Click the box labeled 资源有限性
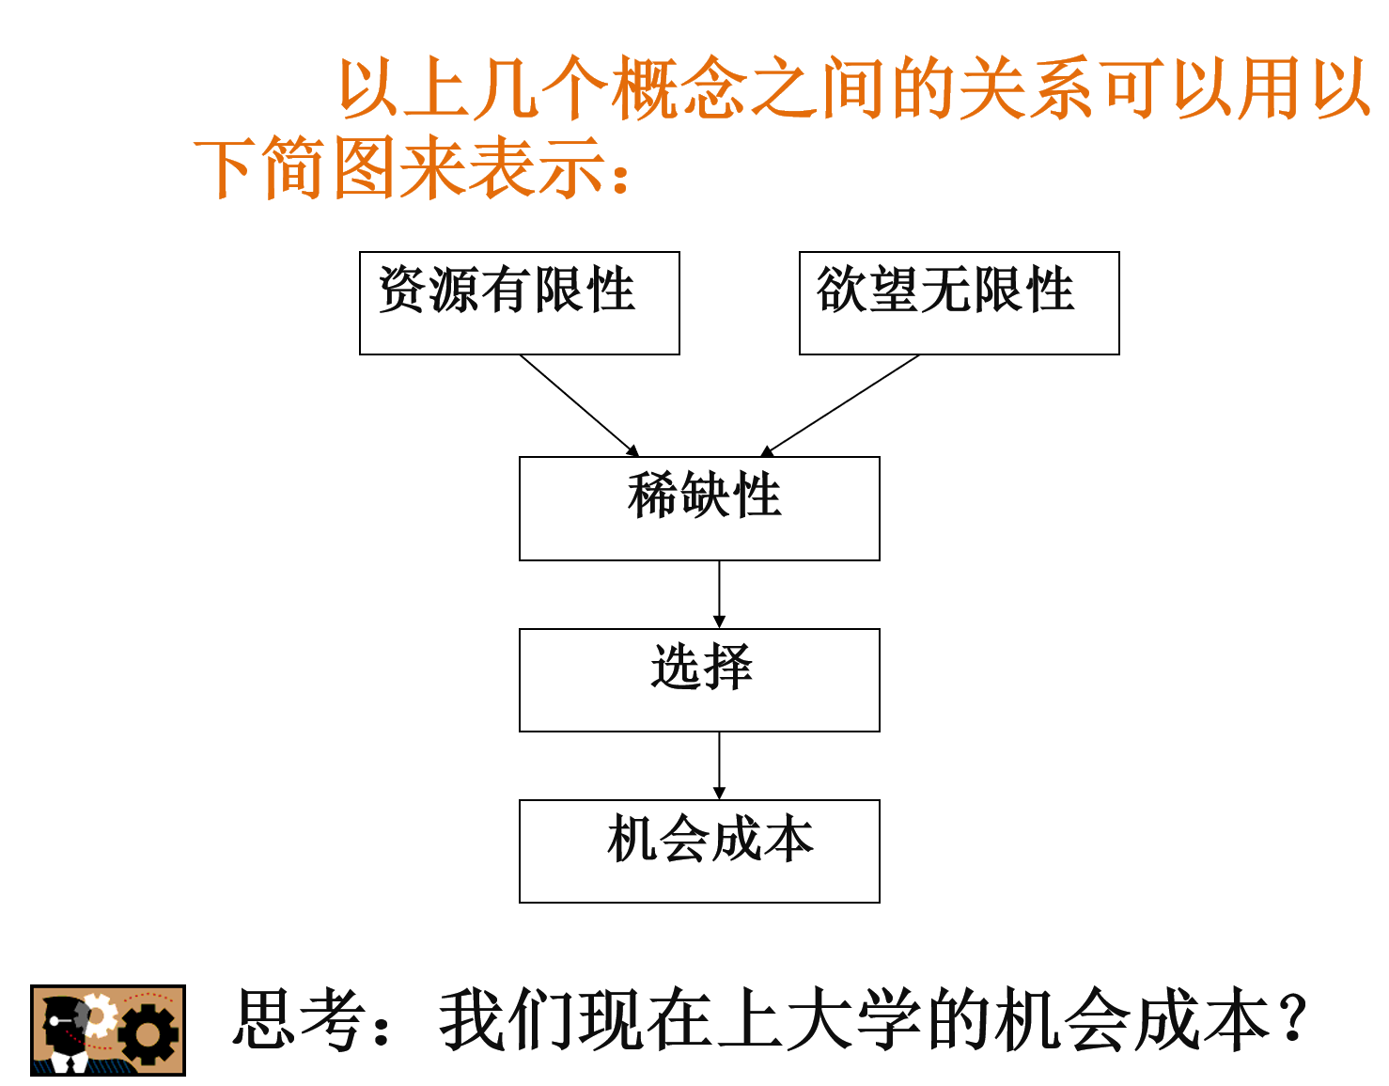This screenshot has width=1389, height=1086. pos(519,303)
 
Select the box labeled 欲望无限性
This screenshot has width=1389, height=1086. pos(959,303)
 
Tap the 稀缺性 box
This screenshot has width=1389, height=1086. pos(699,509)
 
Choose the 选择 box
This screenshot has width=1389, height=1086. pos(699,680)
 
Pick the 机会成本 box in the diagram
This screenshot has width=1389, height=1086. pos(699,851)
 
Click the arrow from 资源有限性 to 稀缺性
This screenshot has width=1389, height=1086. pos(579,405)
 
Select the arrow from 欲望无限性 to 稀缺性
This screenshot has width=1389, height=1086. pos(841,405)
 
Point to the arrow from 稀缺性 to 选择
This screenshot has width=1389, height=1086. pos(719,594)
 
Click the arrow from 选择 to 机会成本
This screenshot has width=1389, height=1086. pos(719,765)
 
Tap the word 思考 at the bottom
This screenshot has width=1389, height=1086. pos(299,1020)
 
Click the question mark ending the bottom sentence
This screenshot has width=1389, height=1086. pos(1295,1020)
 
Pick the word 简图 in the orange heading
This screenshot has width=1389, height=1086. pos(328,168)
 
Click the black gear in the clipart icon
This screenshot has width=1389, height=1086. pos(148,1034)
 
